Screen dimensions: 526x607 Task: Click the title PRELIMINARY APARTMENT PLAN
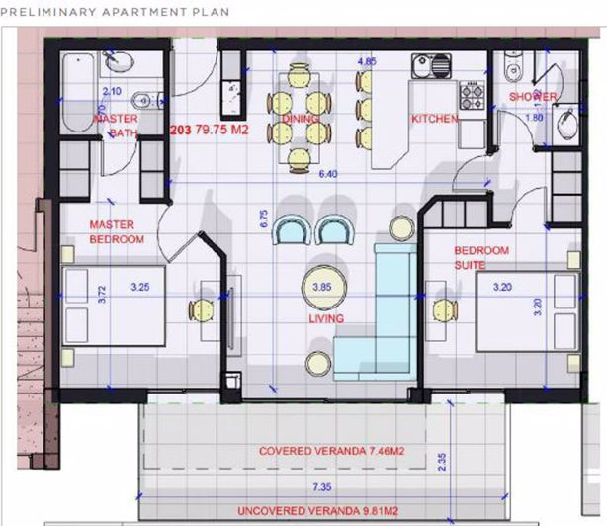coord(116,13)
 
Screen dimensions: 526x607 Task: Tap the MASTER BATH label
coord(116,125)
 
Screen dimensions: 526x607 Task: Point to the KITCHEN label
coord(435,119)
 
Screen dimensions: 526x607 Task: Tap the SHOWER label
coord(533,97)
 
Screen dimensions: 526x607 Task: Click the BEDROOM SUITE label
coord(480,258)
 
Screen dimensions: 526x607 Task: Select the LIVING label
coord(325,319)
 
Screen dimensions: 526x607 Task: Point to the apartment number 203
coord(181,129)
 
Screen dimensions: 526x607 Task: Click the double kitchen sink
coord(434,68)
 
